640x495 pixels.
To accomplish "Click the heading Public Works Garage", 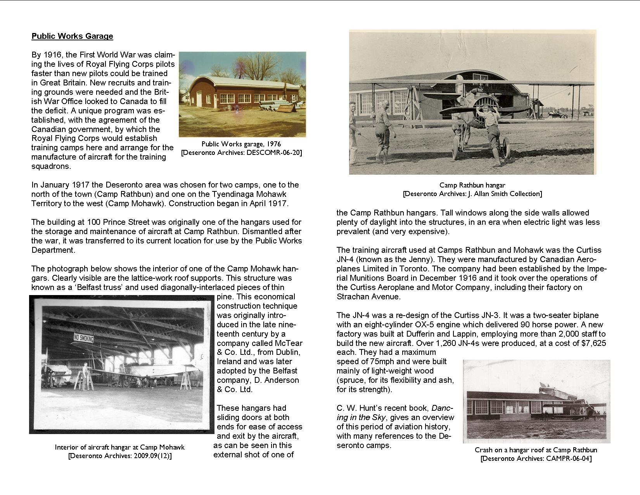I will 72,36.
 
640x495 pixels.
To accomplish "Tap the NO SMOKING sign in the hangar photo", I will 83,338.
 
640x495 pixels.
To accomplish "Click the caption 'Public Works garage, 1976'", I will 241,144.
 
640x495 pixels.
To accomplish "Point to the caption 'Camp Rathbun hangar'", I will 472,185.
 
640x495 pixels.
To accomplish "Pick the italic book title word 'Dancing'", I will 442,408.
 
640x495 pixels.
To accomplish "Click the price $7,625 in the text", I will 591,343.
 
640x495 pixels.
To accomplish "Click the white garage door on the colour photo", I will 199,96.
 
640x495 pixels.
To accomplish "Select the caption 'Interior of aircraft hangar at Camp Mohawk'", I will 119,447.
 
